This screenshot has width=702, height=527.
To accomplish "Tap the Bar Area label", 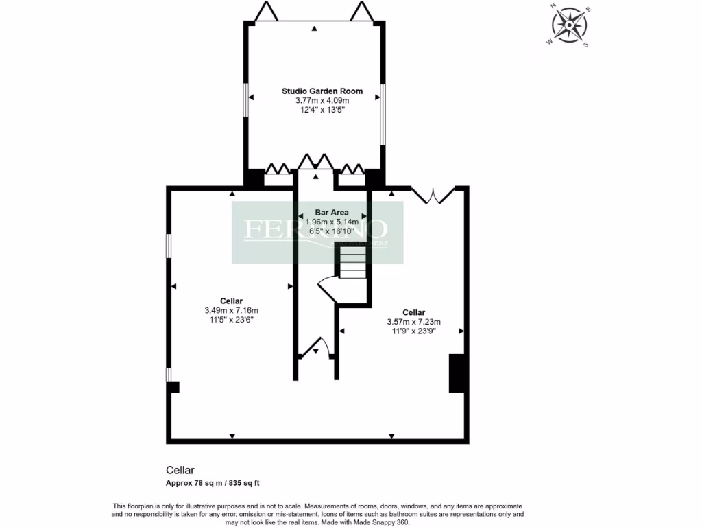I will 332,213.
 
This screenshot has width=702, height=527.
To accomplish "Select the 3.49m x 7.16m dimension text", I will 231,309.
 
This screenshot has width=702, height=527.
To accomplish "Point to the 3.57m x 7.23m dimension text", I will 414,321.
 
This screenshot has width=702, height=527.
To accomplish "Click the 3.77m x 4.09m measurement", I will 313,100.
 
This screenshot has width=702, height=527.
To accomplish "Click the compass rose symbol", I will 569,25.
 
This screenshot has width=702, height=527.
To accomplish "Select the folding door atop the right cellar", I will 433,194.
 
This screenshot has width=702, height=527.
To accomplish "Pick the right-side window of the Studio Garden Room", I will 383,114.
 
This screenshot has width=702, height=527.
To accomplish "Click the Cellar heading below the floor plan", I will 180,471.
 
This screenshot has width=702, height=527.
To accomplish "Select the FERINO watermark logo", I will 317,231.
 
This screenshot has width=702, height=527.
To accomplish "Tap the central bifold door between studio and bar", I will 315,163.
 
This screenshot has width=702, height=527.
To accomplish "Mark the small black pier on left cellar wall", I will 173,387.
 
